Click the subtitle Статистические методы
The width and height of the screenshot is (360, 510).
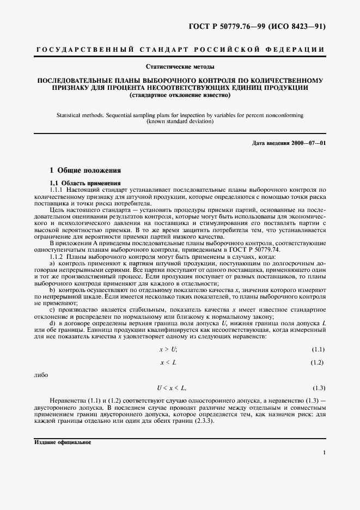pos(180,67)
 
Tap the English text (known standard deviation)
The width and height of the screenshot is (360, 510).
pos(180,122)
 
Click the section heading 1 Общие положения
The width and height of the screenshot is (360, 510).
pos(82,170)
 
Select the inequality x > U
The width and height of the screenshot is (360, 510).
pos(168,349)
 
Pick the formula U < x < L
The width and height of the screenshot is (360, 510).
pos(172,388)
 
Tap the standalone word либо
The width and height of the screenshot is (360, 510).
pos(41,375)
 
